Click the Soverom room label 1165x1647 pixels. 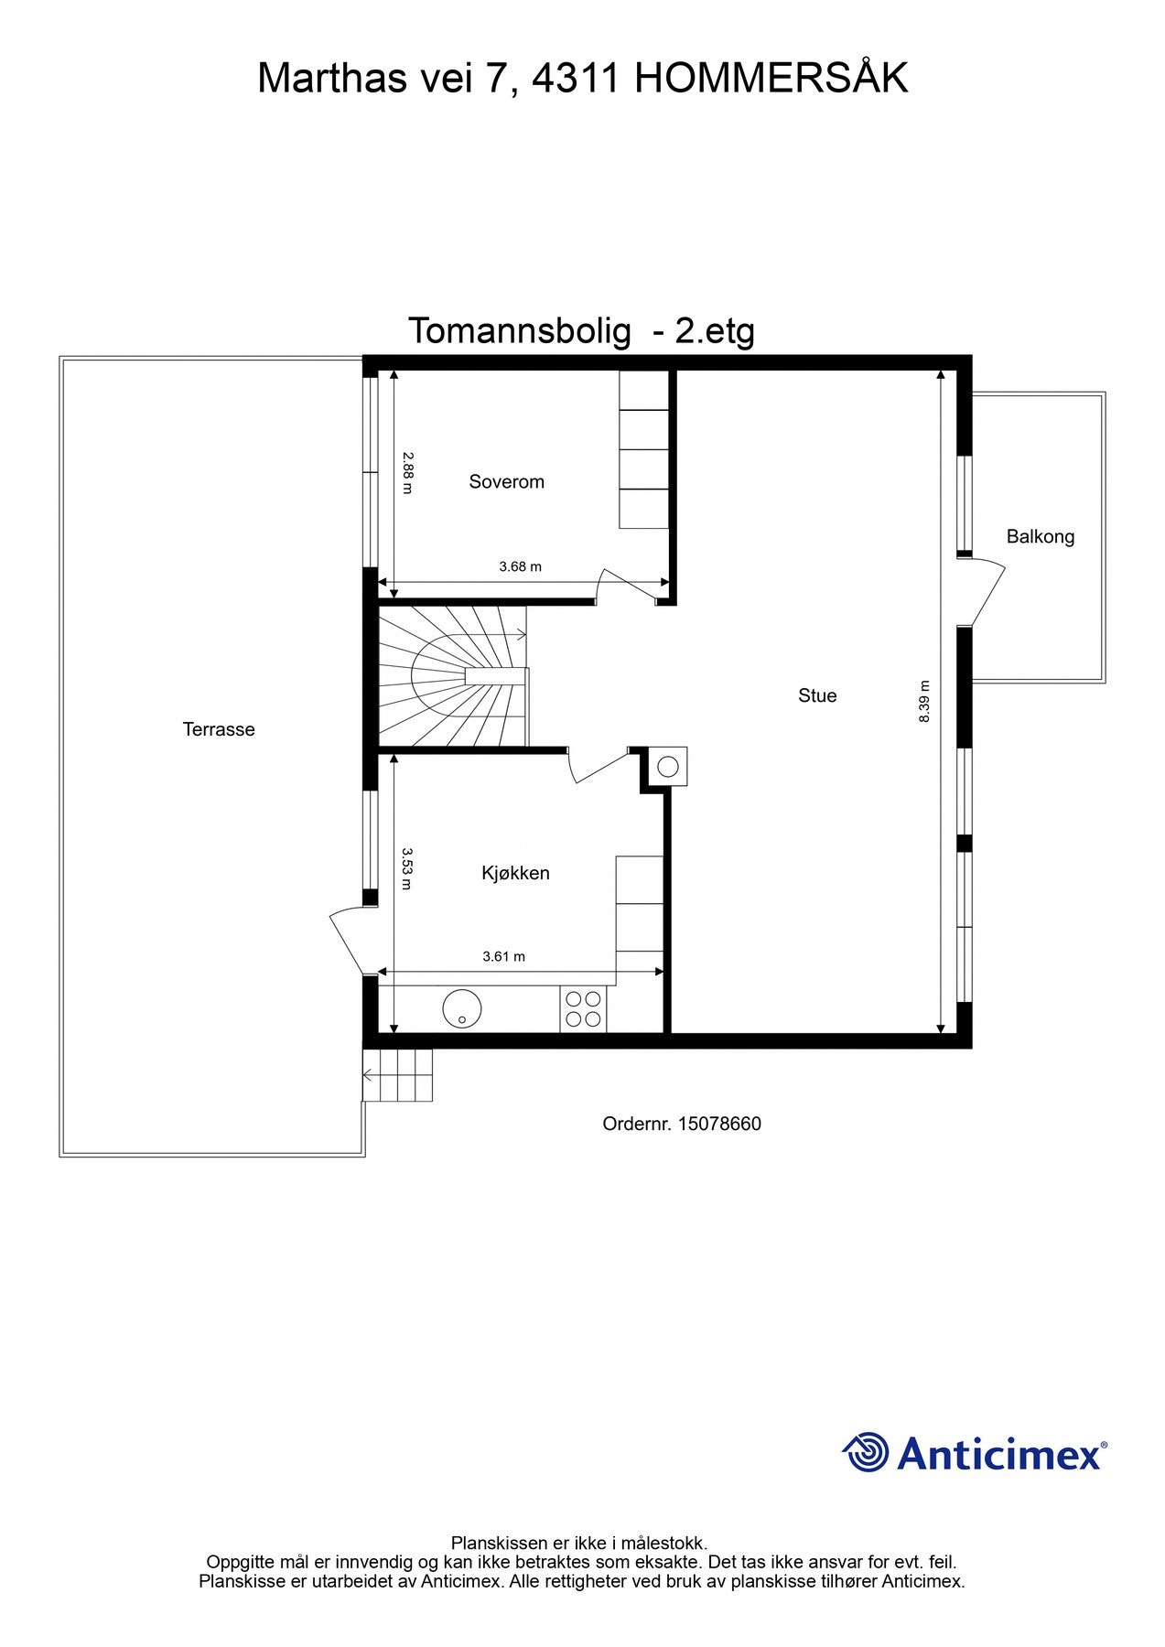(506, 481)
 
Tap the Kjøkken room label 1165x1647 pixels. (515, 873)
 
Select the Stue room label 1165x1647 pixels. (817, 695)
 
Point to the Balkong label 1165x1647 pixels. (1040, 536)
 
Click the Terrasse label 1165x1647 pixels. (219, 729)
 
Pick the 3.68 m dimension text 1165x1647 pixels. (520, 566)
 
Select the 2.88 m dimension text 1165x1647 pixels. (407, 473)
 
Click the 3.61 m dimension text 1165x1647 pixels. (503, 957)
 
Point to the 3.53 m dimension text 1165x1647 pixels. (407, 869)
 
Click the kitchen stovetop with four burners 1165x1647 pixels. (583, 1009)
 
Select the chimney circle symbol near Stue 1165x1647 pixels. (669, 767)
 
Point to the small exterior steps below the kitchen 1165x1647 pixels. (397, 1075)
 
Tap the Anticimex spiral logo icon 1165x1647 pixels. (866, 1452)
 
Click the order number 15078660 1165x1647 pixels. (719, 1124)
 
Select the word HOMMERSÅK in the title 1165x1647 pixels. (771, 79)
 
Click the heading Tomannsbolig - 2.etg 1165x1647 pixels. (581, 330)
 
